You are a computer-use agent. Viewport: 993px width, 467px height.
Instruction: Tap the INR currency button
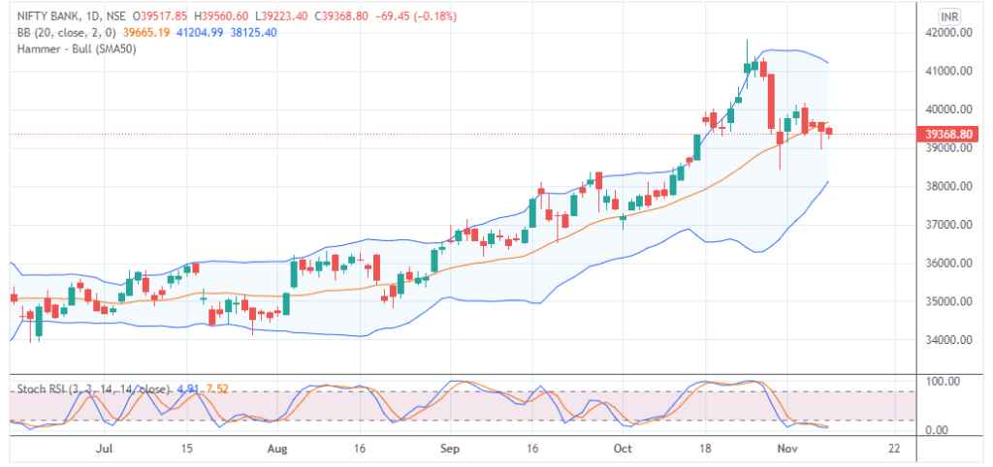[x=950, y=16]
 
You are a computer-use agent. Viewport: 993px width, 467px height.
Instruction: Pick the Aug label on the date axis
[x=277, y=450]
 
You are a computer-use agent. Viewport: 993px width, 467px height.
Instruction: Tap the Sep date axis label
[x=448, y=450]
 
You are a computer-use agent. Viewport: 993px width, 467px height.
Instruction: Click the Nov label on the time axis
[x=786, y=450]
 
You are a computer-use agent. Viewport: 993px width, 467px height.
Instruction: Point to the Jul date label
[x=106, y=450]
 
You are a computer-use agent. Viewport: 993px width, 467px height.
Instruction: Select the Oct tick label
[x=623, y=450]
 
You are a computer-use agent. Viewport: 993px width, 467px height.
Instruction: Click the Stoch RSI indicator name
[x=43, y=389]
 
